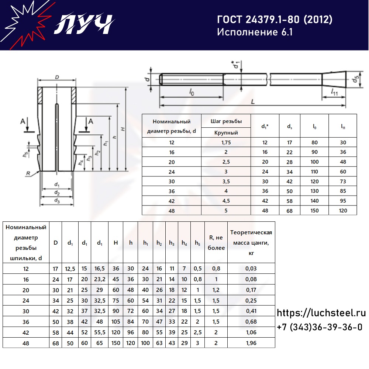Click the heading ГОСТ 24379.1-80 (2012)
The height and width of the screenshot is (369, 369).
coord(275,20)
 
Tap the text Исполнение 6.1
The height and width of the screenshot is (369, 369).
coord(255,32)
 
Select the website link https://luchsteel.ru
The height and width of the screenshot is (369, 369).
coord(321,313)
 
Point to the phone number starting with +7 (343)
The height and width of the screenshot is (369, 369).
coord(320,327)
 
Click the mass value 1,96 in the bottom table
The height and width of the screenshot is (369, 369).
coord(251,343)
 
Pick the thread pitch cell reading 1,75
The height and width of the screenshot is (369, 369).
coord(226,142)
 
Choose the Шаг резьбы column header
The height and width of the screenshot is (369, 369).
coord(226,121)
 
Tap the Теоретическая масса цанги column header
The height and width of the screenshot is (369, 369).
coord(251,243)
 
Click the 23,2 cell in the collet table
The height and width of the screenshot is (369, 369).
coord(100,279)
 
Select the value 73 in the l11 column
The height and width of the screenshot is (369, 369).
coord(343,182)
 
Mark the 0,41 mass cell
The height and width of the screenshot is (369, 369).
coord(251,311)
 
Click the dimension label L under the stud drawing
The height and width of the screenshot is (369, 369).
coord(253,102)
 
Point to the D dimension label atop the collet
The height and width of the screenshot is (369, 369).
coord(57,77)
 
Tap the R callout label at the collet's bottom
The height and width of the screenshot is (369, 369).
coord(28,173)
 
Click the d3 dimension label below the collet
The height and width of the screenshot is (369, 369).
coord(57,200)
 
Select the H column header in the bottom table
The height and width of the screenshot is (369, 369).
coord(115,243)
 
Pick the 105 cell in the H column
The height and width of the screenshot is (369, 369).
coord(115,322)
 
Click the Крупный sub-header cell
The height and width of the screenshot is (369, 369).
coord(226,133)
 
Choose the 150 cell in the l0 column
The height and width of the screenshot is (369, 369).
coord(314,211)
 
